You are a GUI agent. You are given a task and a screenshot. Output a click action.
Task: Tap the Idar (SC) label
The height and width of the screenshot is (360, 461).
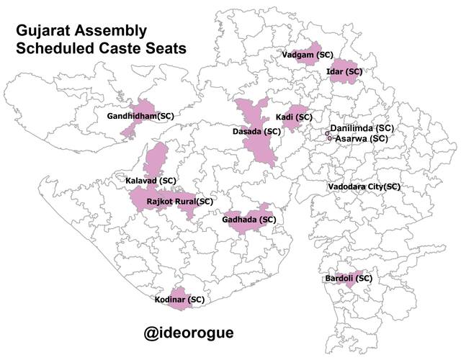click(344, 71)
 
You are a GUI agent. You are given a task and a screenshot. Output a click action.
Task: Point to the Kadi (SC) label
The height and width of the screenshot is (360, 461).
click(294, 117)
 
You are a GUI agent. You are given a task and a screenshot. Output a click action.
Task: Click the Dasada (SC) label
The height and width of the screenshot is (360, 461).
click(256, 132)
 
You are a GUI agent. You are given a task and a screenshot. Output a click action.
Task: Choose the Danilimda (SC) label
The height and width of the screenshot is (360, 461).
click(362, 128)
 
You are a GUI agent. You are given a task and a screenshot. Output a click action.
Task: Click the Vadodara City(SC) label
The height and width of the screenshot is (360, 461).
click(363, 186)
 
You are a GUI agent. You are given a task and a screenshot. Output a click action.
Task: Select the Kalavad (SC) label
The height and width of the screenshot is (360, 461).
click(151, 180)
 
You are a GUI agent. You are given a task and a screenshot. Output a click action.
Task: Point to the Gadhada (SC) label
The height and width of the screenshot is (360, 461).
click(249, 219)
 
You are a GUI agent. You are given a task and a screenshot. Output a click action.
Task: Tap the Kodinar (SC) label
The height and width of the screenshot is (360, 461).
click(179, 298)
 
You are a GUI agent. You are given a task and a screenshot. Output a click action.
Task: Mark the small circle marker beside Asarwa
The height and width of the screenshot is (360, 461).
click(329, 138)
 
